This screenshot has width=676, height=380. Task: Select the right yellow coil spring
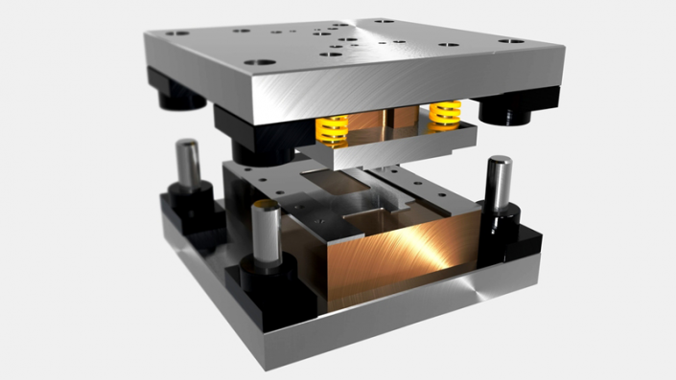(444, 115)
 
